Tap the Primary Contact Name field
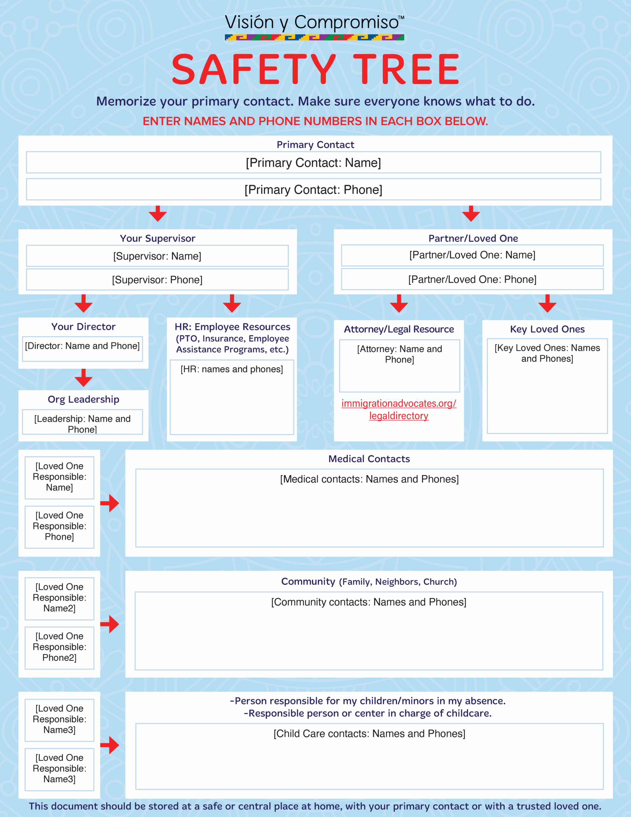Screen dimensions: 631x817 314,162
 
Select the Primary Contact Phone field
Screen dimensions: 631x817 314,189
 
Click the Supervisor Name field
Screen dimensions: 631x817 157,256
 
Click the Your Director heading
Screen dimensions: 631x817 83,326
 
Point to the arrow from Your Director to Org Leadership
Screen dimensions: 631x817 83,378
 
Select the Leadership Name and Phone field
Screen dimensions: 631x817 82,422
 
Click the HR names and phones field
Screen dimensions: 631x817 232,397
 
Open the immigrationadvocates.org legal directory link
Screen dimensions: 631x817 399,410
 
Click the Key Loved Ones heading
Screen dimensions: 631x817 547,329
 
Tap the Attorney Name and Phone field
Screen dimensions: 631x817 399,366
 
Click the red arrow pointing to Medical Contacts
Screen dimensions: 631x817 110,503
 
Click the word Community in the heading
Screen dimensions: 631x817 308,581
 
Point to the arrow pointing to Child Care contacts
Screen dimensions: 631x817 110,745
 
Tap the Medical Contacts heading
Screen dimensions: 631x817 369,459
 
